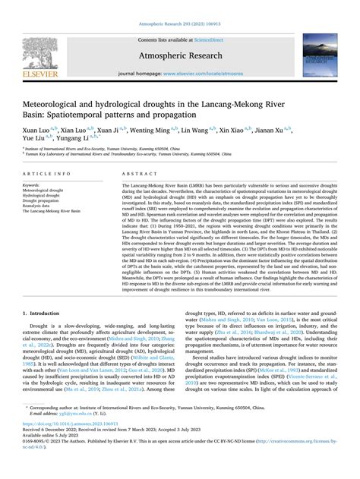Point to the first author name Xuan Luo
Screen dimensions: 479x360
point(36,130)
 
